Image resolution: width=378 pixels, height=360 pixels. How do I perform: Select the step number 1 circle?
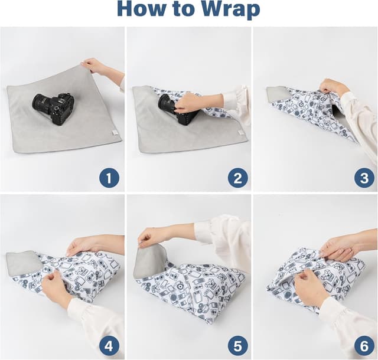coord(109,178)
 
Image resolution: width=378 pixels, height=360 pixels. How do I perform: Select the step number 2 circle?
coord(237,178)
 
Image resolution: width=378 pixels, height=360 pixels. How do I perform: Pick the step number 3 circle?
coord(364,178)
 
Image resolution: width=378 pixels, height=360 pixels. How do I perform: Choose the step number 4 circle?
coord(109,346)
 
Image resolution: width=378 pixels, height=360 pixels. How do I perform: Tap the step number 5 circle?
coord(237,346)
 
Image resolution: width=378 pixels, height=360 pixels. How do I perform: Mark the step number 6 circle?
coord(364,346)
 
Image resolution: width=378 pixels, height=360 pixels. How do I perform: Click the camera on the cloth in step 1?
coord(53,108)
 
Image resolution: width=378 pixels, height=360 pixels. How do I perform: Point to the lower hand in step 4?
coord(54,288)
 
